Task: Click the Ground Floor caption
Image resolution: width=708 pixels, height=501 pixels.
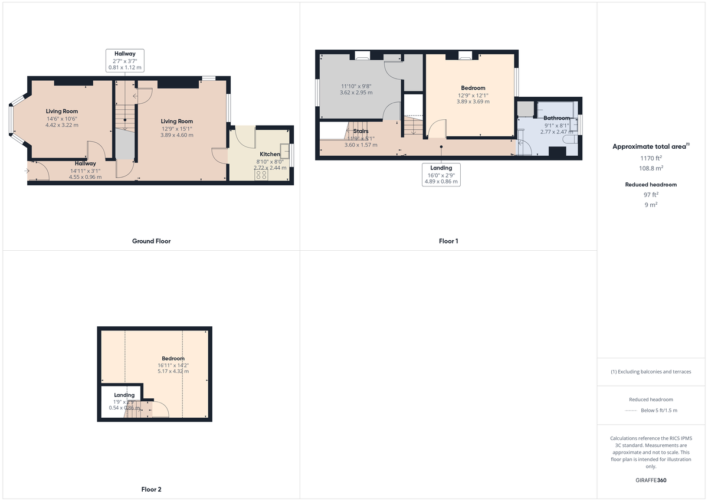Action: click(151, 241)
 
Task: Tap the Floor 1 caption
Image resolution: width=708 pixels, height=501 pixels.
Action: click(448, 241)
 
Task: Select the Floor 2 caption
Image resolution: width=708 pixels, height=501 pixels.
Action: click(151, 489)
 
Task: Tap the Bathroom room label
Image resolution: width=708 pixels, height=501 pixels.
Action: click(556, 118)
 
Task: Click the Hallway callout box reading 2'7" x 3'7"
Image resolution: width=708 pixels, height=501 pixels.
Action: click(125, 60)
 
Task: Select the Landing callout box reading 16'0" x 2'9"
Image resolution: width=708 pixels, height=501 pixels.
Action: click(441, 175)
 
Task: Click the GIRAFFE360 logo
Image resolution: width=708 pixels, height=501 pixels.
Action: click(651, 480)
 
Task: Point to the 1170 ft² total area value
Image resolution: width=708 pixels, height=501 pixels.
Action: click(651, 158)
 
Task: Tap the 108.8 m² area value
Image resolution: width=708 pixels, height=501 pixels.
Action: click(651, 168)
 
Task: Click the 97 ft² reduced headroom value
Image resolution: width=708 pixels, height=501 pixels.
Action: click(651, 194)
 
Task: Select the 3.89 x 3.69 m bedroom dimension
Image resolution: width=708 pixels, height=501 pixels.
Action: click(473, 101)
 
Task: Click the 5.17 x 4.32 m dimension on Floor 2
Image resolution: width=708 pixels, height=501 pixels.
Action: click(173, 371)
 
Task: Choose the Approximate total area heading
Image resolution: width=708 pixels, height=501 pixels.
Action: click(651, 146)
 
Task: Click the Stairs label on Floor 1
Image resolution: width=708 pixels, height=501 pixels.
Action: click(360, 131)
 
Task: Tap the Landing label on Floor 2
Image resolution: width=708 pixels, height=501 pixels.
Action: click(124, 395)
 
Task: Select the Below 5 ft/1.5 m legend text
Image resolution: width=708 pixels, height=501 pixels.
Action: click(659, 410)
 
